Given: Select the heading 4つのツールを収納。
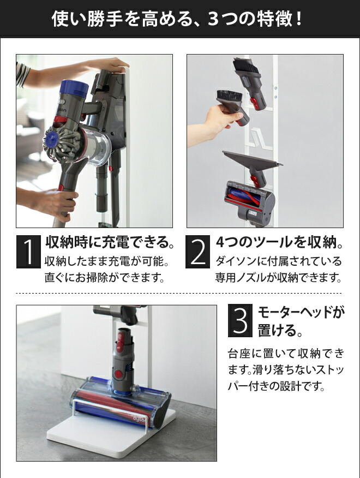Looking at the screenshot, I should [280, 241].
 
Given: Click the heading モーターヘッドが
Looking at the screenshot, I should [301, 312].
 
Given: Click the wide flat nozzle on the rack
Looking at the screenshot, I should [252, 160].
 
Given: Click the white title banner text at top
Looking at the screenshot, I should [179, 20].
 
